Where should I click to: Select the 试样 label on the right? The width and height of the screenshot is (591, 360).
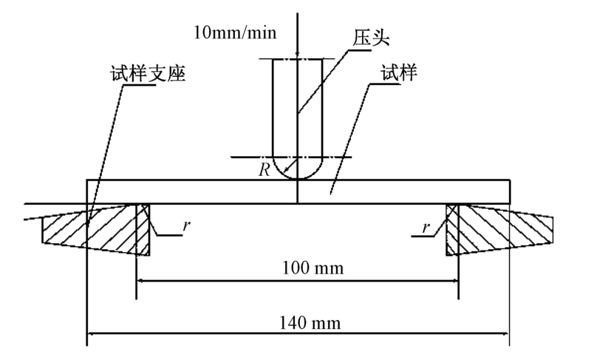400,73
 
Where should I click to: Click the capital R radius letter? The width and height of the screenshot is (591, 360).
263,169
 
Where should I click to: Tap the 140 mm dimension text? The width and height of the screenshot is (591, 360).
300,323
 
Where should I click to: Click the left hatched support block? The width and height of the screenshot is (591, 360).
96,229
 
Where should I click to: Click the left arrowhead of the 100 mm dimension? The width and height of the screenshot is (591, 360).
140,280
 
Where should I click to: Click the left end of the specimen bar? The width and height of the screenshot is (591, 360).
89,191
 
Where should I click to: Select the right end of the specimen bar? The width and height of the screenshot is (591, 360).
509,191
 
